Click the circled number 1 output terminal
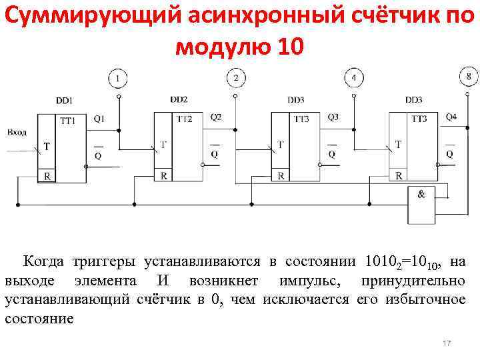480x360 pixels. [118, 79]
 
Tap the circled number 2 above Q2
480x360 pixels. [236, 79]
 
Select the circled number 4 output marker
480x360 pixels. [353, 79]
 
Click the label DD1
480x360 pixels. [65, 101]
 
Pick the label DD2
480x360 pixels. [179, 100]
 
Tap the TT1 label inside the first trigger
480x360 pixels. [68, 120]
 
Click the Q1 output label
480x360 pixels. [99, 119]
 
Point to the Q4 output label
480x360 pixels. [451, 117]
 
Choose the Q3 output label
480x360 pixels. [333, 117]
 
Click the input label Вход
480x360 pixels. [17, 132]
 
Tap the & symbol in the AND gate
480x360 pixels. [421, 195]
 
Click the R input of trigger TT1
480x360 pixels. [47, 176]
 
